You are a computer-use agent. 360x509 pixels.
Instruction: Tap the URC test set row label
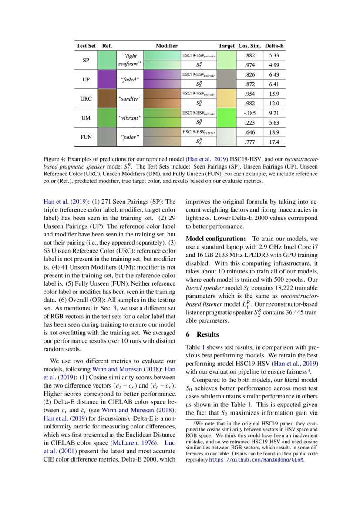click(x=86, y=99)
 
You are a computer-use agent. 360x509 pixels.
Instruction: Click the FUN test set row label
click(x=86, y=137)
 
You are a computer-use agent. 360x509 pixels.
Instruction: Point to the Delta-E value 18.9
click(x=274, y=132)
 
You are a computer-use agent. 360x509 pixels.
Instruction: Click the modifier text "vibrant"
click(x=128, y=118)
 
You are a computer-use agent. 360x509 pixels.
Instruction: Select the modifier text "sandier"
click(x=128, y=99)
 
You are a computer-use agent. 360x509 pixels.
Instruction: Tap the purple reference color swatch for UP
click(x=107, y=80)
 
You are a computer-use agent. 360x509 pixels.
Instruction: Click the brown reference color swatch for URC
click(x=107, y=99)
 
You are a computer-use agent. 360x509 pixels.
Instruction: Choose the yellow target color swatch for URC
click(x=226, y=99)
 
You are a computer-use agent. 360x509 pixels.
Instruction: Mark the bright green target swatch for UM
click(x=226, y=118)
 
